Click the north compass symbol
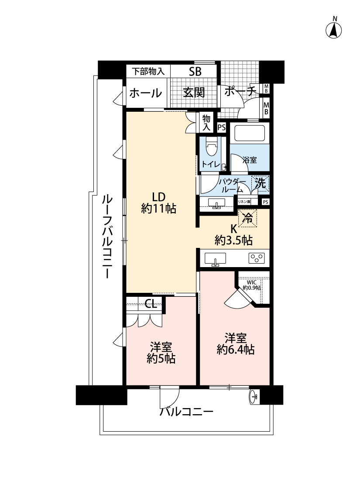(334, 30)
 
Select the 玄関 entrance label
(194, 93)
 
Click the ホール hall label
(146, 93)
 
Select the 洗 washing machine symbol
(260, 184)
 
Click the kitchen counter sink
(215, 259)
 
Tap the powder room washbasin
(216, 204)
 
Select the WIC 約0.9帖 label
(251, 285)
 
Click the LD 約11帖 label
(158, 203)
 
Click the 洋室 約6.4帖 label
(236, 343)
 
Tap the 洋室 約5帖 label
(161, 353)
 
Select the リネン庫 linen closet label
(244, 202)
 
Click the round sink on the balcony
(254, 397)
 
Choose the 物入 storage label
(206, 122)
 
